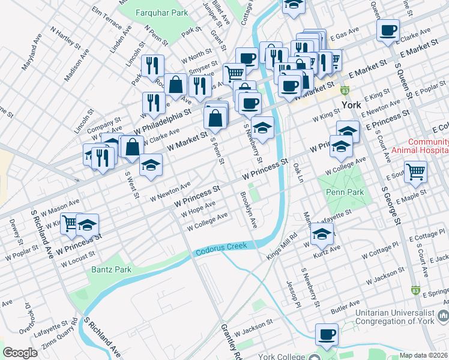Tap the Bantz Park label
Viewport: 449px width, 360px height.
(111, 270)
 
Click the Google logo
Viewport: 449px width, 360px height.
(20, 353)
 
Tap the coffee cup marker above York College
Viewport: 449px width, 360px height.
(327, 334)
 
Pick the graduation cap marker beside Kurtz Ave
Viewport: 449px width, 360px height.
(322, 235)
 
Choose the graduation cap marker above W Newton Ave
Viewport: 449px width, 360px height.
(151, 165)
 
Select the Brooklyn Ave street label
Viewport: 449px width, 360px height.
(249, 210)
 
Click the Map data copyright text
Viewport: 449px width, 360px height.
(423, 355)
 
